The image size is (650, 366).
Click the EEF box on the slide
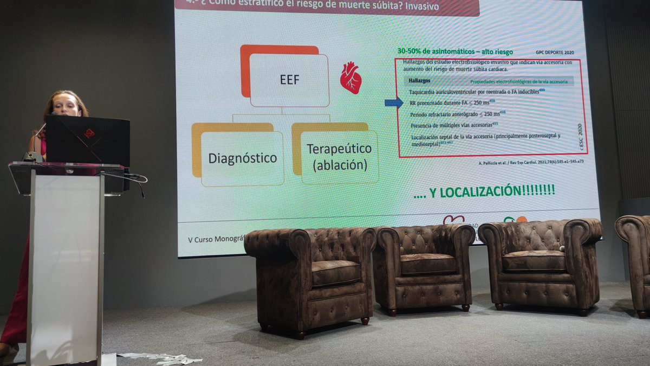(x=289, y=80)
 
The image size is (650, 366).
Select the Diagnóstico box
(x=242, y=158)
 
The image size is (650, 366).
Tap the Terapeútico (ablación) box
(x=339, y=156)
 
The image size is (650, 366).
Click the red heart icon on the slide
(x=350, y=78)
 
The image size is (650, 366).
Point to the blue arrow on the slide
(x=393, y=102)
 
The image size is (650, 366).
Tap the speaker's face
(x=66, y=105)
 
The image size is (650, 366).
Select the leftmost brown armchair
(x=310, y=277)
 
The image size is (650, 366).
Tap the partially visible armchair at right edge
(x=636, y=260)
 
